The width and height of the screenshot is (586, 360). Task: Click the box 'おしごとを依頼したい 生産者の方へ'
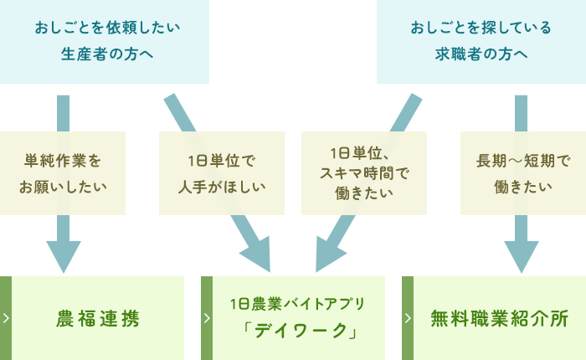tap(105, 42)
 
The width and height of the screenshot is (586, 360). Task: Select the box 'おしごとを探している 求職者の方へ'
tap(481, 42)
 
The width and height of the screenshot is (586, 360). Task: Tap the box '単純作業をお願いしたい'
tap(63, 173)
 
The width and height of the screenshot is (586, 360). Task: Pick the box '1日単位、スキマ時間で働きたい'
tap(363, 173)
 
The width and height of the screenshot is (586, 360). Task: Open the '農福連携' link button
tap(98, 318)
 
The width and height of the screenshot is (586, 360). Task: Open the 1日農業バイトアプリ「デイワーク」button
tap(299, 318)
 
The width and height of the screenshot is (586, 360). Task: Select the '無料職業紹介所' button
tap(499, 318)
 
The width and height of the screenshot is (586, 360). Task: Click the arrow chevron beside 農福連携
tap(6, 318)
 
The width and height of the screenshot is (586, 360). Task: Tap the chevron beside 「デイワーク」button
tap(207, 318)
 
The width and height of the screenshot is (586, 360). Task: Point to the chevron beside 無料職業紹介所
tap(408, 318)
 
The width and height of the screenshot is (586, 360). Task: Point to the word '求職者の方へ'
tap(481, 55)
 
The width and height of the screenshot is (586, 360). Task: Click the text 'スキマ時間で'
tap(363, 173)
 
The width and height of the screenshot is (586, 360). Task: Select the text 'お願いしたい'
tap(63, 186)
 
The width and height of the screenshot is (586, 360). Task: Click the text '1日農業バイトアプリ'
tap(298, 304)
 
